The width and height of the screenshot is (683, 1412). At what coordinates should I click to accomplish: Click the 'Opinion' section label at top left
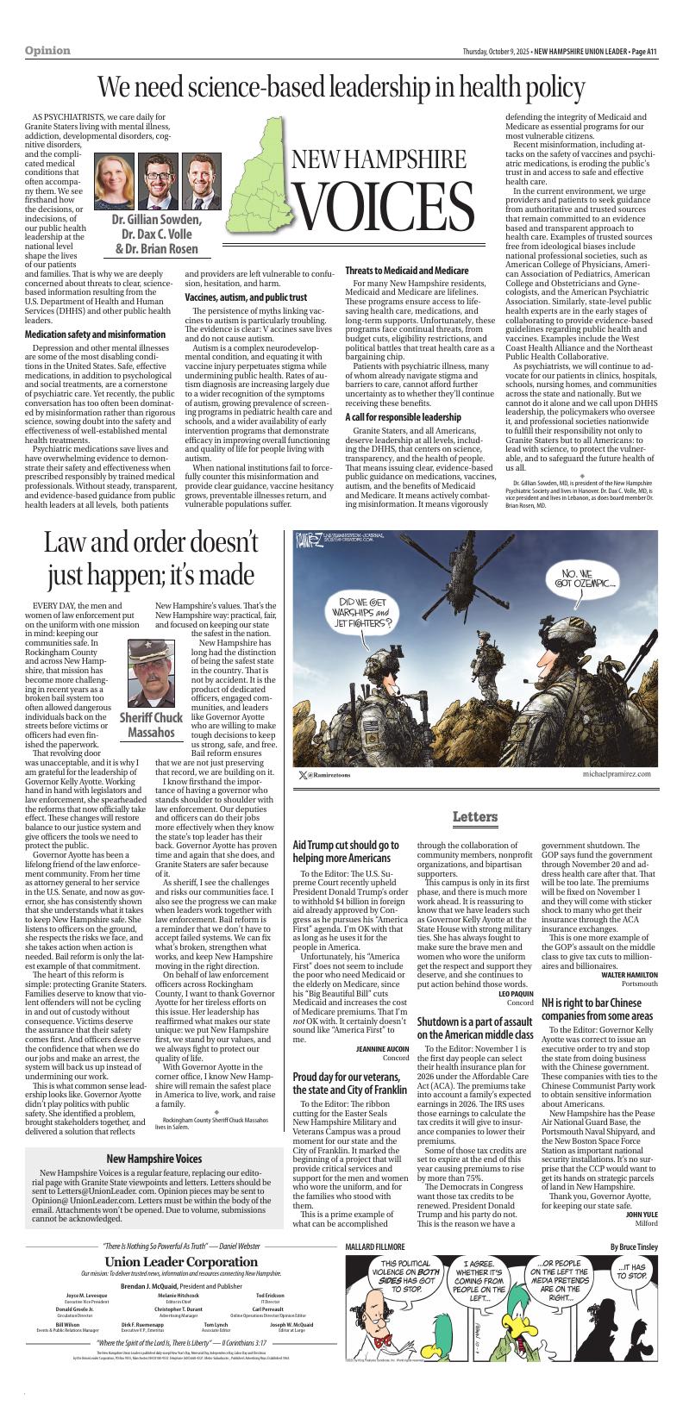coord(48,51)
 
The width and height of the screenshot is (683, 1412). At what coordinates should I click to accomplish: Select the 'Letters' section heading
coord(474,817)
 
